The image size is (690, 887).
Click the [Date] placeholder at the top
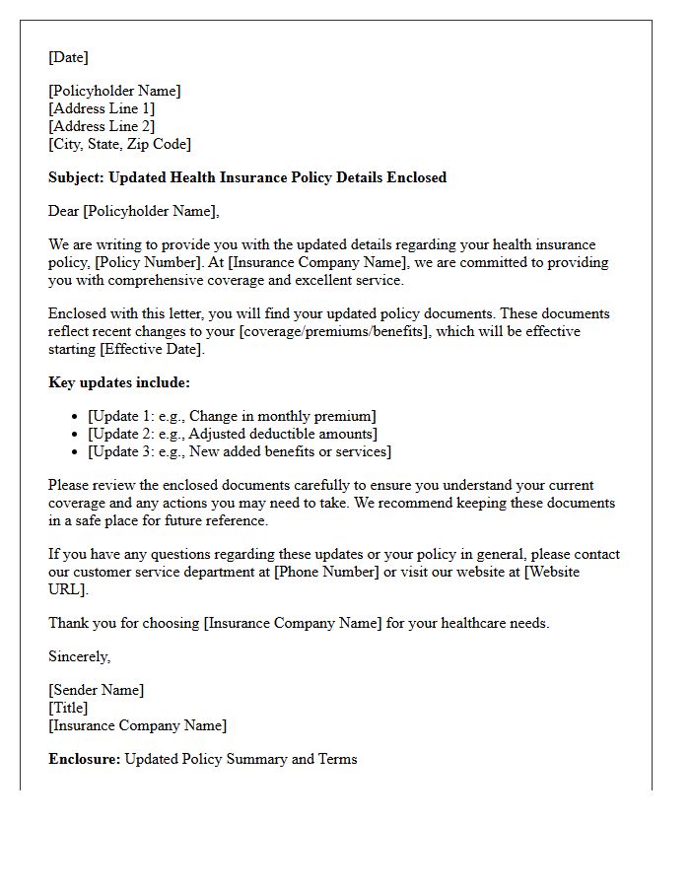coord(68,57)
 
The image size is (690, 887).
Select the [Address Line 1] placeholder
coord(102,108)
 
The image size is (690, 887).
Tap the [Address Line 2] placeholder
coord(102,126)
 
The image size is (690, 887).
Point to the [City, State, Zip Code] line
coord(119,144)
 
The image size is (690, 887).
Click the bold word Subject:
coord(76,177)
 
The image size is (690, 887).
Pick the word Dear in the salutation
coord(63,211)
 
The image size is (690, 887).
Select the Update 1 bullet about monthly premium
coord(232,416)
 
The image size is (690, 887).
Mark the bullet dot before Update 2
coord(76,434)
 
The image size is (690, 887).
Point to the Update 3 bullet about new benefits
coord(240,451)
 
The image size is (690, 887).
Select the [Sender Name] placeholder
coord(96,690)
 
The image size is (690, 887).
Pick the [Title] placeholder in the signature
coord(68,708)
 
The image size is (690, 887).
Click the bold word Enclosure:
coord(85,759)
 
